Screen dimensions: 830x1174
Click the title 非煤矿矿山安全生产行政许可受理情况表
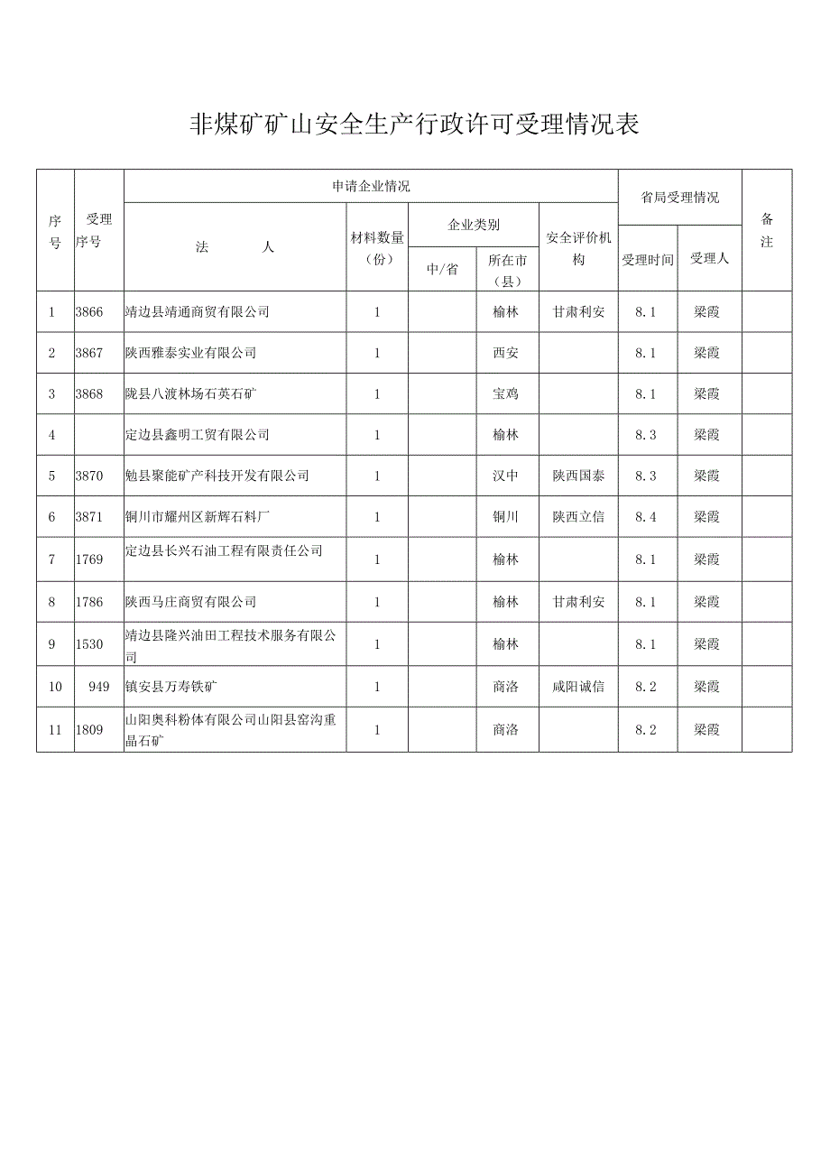click(414, 125)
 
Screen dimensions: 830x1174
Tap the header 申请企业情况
click(371, 187)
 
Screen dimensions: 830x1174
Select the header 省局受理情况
click(679, 198)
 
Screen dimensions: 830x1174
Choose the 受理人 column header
click(709, 259)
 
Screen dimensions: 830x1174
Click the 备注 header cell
click(767, 230)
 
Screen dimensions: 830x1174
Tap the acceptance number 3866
click(89, 312)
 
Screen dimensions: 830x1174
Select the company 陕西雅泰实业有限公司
click(191, 353)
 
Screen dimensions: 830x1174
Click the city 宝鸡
click(506, 394)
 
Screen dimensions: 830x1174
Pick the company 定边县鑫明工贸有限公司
click(198, 435)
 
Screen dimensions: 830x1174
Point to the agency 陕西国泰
click(578, 476)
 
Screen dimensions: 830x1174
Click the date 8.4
click(645, 517)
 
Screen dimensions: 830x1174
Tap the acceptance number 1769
click(89, 559)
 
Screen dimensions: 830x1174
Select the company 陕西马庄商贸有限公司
click(191, 602)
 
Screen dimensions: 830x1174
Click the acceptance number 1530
click(89, 644)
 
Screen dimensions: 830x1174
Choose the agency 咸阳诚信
click(578, 687)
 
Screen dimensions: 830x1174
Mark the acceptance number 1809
click(89, 729)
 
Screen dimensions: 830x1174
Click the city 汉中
click(506, 476)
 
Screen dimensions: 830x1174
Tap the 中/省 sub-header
click(442, 270)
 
